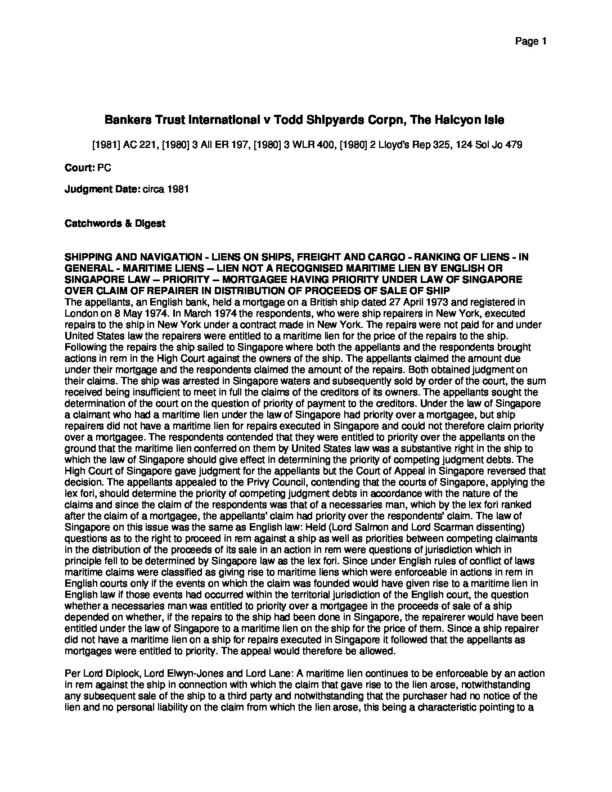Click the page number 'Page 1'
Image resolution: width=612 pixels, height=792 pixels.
click(531, 41)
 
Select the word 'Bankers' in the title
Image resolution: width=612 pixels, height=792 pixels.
click(128, 120)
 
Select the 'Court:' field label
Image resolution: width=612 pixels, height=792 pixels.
click(79, 168)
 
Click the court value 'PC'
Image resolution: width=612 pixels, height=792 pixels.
click(104, 168)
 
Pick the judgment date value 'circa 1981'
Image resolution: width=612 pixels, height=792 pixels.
click(165, 189)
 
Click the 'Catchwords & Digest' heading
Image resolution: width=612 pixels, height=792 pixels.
click(115, 223)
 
